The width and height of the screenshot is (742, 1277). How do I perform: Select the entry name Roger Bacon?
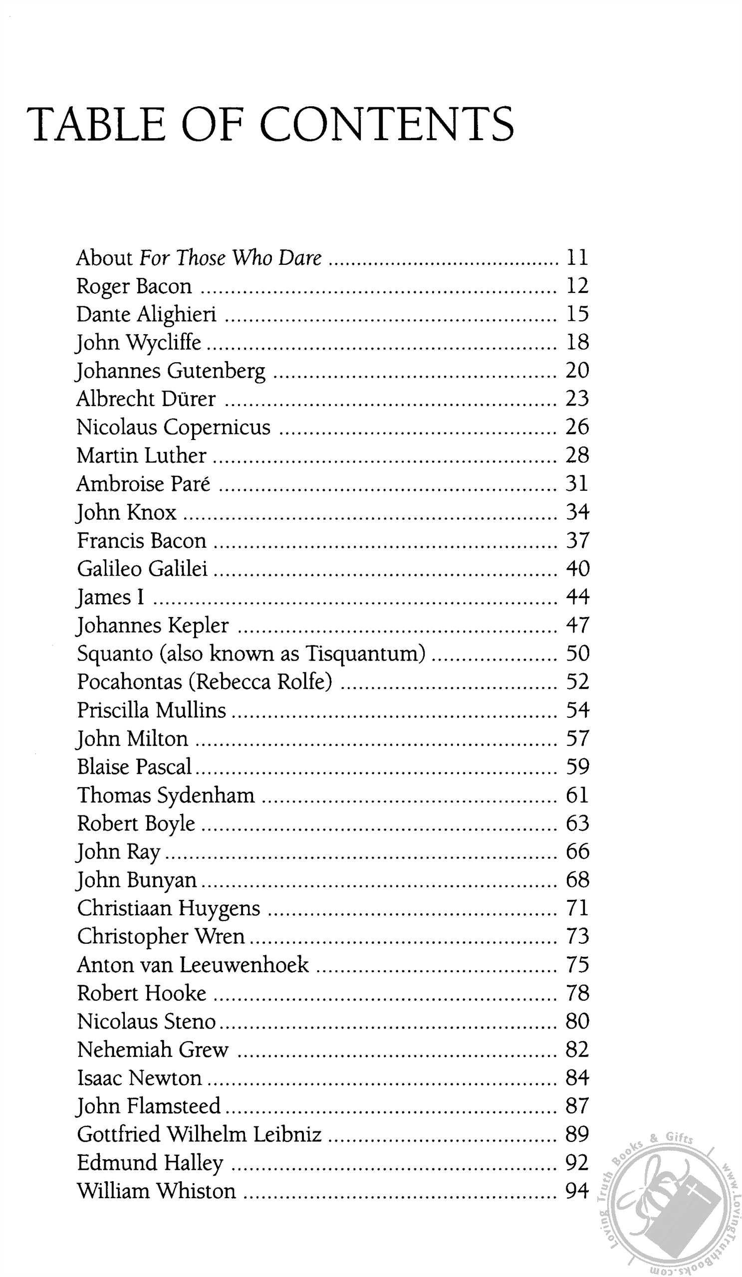[134, 286]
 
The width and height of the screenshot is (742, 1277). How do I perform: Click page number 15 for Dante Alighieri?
[577, 314]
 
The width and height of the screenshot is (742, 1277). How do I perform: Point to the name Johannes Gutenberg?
[171, 371]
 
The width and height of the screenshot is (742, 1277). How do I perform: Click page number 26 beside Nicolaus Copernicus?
[577, 427]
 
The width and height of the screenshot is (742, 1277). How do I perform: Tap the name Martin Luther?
[141, 455]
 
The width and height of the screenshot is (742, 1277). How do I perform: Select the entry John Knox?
[126, 512]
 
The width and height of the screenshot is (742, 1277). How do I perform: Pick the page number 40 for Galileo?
[577, 569]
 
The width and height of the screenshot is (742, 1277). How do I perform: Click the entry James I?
[110, 597]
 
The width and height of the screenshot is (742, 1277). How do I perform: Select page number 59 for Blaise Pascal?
[577, 767]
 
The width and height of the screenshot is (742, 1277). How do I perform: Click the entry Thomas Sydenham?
[166, 795]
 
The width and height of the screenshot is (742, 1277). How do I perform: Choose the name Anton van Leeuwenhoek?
[193, 965]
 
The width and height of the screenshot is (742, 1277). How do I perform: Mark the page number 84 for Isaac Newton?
[577, 1078]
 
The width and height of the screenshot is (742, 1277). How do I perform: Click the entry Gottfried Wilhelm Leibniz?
[199, 1135]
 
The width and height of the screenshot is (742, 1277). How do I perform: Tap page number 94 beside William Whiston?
[577, 1191]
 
